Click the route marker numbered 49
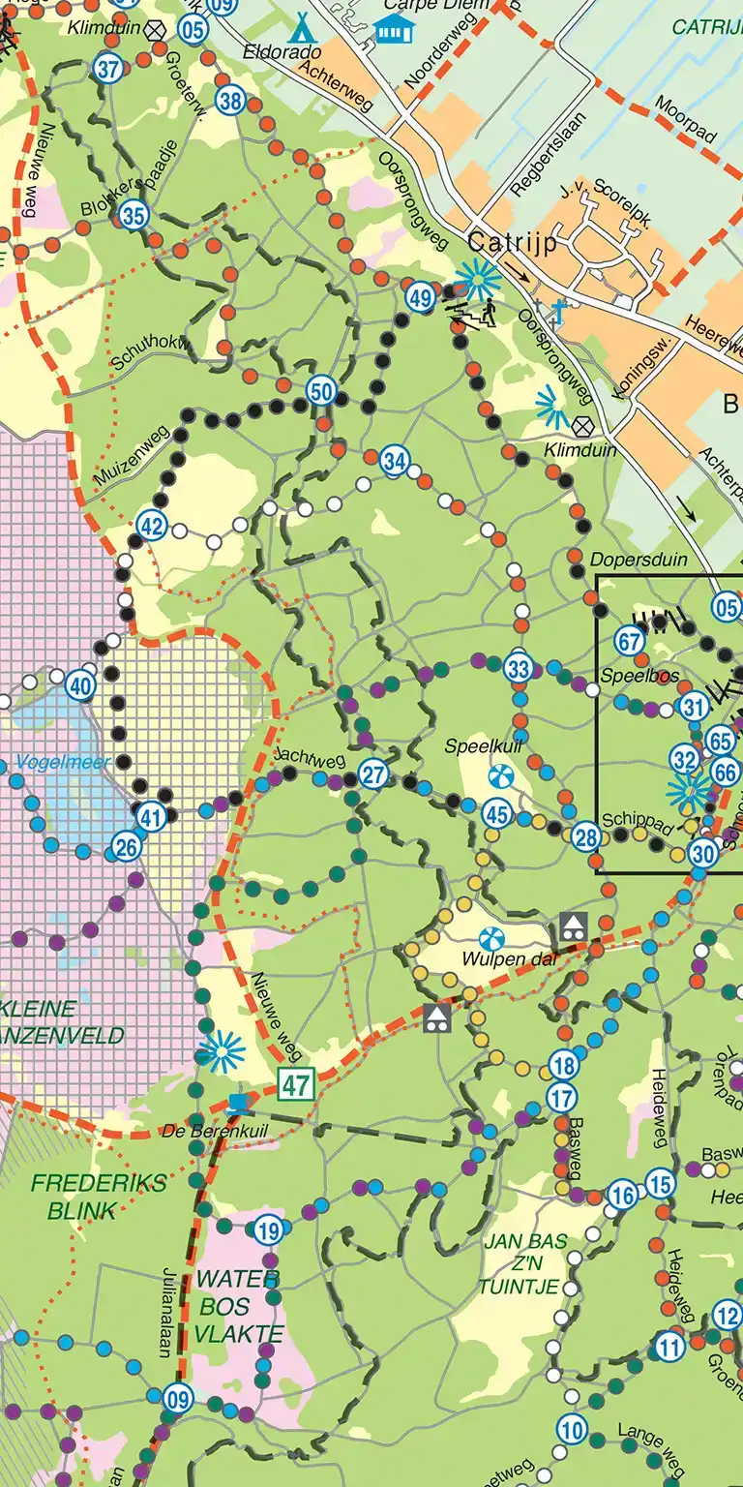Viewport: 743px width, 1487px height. pyautogui.click(x=420, y=298)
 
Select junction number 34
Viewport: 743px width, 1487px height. pyautogui.click(x=394, y=461)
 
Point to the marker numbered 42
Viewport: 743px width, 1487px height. pyautogui.click(x=152, y=526)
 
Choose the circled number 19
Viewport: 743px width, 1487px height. pyautogui.click(x=269, y=1231)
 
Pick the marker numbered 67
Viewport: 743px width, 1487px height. pyautogui.click(x=630, y=642)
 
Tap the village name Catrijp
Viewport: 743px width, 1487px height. pyautogui.click(x=512, y=244)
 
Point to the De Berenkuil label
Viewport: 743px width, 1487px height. pyautogui.click(x=213, y=1130)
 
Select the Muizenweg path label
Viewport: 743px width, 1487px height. pyautogui.click(x=132, y=455)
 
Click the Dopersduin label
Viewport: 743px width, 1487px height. pyautogui.click(x=625, y=560)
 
